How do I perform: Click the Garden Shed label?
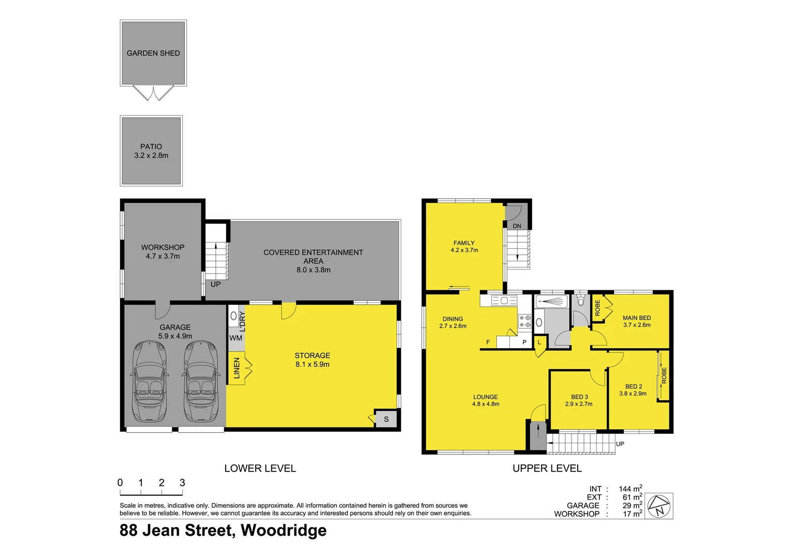(153, 53)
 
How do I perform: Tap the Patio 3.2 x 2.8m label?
(151, 151)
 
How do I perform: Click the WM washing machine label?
(236, 338)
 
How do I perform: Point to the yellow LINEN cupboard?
(237, 368)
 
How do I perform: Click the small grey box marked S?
(386, 419)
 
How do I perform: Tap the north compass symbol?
(659, 506)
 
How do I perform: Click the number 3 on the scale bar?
(182, 482)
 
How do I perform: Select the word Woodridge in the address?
(284, 531)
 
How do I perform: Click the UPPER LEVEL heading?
(547, 468)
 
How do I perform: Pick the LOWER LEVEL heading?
(260, 468)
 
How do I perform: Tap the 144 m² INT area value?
(630, 489)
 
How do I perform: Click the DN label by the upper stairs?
(517, 226)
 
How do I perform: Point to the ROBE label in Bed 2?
(664, 376)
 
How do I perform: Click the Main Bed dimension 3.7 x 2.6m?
(637, 325)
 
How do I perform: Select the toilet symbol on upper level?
(581, 300)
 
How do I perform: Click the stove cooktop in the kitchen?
(525, 321)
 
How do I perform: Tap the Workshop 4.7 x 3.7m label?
(163, 252)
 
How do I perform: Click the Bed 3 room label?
(579, 397)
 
